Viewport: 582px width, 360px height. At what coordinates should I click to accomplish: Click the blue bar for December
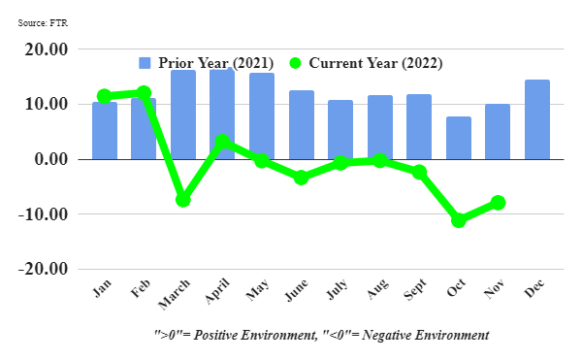click(537, 119)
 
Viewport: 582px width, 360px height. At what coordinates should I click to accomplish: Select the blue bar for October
click(459, 138)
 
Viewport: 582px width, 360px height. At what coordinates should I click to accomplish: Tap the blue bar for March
click(183, 115)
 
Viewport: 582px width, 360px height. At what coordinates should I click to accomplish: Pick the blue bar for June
click(302, 125)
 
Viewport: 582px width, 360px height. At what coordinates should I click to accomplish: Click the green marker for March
click(183, 200)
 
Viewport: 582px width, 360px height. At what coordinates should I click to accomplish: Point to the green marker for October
click(459, 220)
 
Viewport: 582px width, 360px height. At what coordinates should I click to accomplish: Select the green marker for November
click(498, 202)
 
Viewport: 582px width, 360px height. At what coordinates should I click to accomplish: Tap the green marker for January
click(105, 96)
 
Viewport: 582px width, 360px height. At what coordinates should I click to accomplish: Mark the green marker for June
click(302, 178)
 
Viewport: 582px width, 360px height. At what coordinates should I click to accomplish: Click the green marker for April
click(222, 142)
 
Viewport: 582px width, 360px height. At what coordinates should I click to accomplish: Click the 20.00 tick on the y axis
click(47, 49)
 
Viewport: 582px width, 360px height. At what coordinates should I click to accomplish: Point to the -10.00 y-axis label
click(44, 214)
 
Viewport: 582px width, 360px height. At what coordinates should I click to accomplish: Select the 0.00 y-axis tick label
click(51, 159)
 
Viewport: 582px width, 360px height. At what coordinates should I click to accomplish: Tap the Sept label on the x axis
click(415, 289)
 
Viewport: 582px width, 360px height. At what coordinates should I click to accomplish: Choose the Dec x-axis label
click(534, 288)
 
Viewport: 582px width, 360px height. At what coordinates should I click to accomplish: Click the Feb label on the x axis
click(141, 288)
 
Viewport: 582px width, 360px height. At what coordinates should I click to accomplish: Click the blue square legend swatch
click(145, 63)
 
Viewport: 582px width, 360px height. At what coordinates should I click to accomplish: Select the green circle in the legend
click(295, 63)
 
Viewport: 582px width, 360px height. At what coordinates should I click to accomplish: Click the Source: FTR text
click(43, 23)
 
